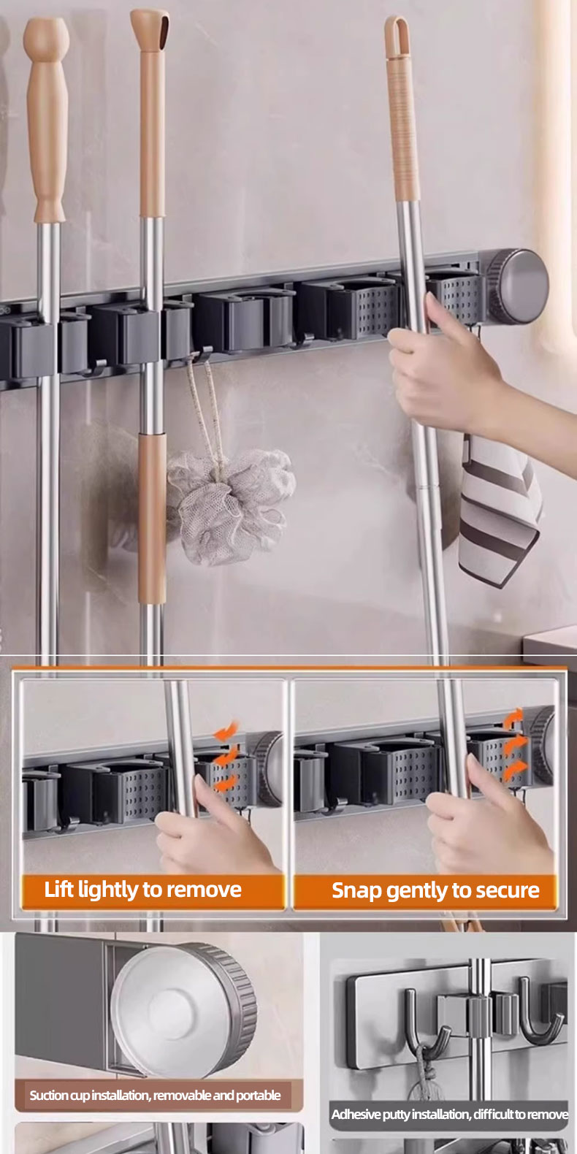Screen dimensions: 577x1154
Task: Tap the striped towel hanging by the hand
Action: click(x=499, y=510)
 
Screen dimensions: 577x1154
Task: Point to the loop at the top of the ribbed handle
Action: click(x=397, y=35)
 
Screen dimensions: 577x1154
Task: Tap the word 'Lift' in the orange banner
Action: click(x=58, y=889)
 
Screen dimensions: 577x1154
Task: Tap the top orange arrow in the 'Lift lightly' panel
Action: click(x=226, y=730)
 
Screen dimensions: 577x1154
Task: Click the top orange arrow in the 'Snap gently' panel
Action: click(x=513, y=718)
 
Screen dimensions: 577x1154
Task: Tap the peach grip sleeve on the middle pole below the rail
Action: click(x=152, y=518)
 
